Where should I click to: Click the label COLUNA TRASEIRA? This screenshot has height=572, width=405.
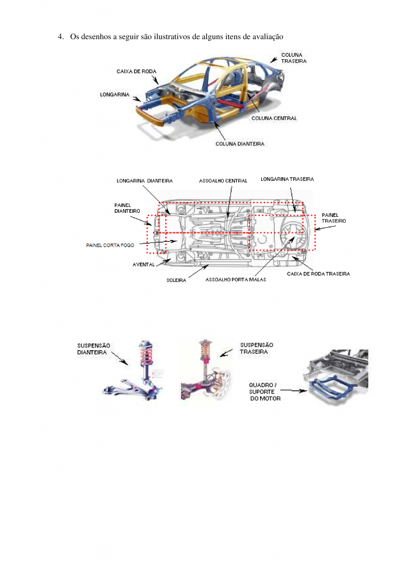(x=294, y=58)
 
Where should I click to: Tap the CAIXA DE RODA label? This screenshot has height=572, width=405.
(x=136, y=71)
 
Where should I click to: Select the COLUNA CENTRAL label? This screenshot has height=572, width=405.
(x=274, y=118)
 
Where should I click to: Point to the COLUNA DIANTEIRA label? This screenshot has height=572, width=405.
(x=239, y=144)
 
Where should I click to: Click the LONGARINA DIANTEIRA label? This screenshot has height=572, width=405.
(x=145, y=180)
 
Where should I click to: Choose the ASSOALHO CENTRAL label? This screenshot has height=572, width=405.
(x=223, y=180)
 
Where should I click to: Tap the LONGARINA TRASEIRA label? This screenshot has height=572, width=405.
(x=287, y=179)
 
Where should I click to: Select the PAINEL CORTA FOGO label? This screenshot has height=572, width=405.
(x=110, y=245)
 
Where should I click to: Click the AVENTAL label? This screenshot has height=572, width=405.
(x=144, y=264)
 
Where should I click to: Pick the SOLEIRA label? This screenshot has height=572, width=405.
(x=176, y=280)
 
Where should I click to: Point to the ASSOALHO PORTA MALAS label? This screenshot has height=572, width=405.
(x=236, y=279)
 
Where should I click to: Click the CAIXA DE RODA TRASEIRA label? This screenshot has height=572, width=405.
(x=318, y=274)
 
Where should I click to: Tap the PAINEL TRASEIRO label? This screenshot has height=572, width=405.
(x=333, y=218)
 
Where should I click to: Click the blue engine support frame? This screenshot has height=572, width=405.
(x=330, y=389)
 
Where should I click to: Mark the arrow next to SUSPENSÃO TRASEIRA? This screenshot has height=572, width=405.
(x=227, y=353)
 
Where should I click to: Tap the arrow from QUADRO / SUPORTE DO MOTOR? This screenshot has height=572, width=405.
(x=294, y=390)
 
